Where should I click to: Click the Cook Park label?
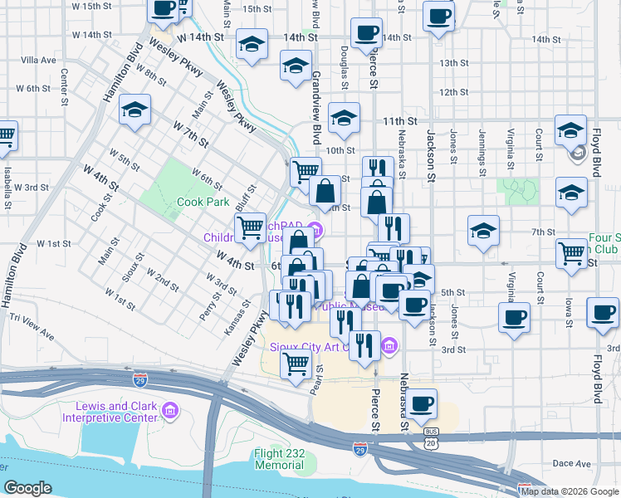[203, 202]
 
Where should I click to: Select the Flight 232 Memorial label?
[268, 459]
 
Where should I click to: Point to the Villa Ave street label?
[38, 61]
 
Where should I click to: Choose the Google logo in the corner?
[27, 488]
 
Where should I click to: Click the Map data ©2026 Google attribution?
[569, 491]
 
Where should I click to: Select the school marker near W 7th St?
[134, 111]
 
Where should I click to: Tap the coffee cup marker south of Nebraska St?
[422, 403]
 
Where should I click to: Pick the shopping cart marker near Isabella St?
[5, 134]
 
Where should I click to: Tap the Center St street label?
[64, 81]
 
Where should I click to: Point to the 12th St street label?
[455, 92]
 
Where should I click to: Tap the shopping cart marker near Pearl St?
[296, 364]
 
